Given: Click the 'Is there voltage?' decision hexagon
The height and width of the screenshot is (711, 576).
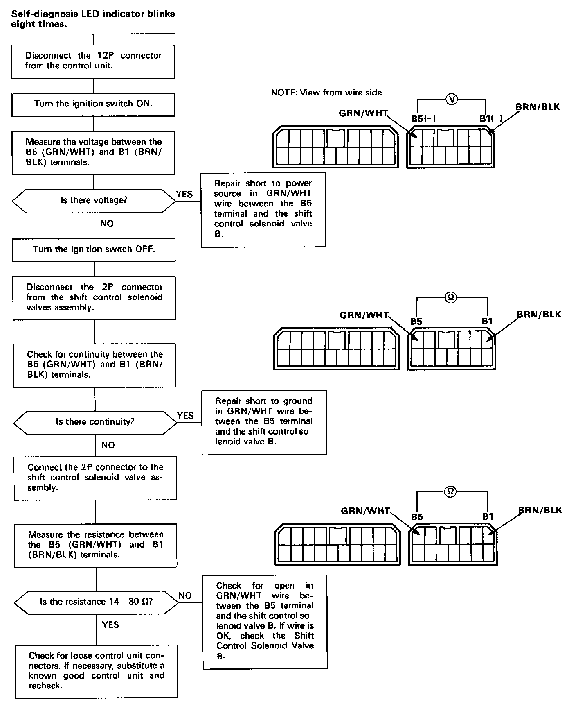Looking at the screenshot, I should [94, 201].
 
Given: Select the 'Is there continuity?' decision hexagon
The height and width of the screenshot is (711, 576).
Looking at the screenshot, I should [95, 422].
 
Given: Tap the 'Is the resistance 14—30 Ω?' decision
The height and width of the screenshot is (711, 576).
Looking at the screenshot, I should [96, 602].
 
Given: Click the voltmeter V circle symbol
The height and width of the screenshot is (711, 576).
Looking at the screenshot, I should [452, 99].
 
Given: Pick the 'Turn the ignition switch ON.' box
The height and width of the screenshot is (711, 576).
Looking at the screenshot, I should [93, 104].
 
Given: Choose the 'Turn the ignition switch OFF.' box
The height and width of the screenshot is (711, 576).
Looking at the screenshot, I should [94, 249].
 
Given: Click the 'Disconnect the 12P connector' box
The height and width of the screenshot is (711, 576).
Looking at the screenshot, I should [93, 61].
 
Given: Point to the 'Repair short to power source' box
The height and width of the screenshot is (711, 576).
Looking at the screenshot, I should [263, 209].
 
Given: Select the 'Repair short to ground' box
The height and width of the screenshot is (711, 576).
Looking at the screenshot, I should [264, 422].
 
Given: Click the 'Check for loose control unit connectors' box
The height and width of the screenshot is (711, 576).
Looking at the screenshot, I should [96, 671].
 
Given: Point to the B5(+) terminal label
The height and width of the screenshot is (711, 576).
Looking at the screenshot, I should [423, 119].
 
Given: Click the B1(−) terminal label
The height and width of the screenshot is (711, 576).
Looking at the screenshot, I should [491, 119].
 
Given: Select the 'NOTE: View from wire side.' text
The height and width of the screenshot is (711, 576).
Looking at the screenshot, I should [327, 93].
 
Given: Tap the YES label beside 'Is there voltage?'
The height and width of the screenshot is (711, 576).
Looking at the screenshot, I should [184, 194].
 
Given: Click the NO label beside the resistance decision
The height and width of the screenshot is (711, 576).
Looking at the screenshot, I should [185, 596].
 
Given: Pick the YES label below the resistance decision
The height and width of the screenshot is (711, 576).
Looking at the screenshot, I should [110, 625].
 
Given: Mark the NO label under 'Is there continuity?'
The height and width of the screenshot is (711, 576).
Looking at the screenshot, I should [108, 445].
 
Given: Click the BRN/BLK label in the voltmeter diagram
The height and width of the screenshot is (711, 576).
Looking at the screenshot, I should [537, 107].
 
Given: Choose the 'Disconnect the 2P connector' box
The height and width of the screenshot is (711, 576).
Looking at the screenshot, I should [94, 297].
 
